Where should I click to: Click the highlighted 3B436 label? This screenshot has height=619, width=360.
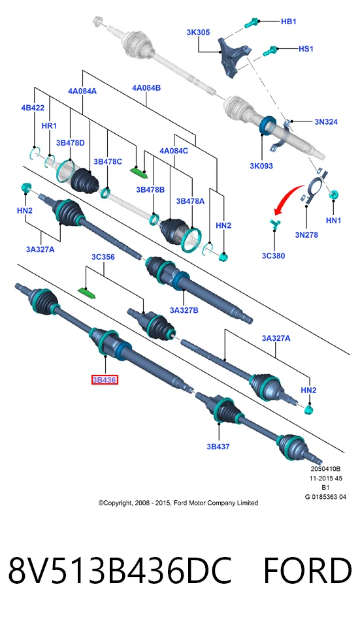[x=105, y=380]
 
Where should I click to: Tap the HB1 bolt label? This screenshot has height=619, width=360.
[x=289, y=22]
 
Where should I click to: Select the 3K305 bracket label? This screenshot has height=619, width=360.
[x=198, y=33]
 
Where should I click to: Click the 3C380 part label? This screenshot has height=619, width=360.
[x=274, y=256]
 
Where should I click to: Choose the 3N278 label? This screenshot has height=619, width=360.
[x=306, y=235]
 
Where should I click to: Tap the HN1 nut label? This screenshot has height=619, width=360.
[x=333, y=220]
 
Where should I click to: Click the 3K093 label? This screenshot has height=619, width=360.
[x=261, y=166]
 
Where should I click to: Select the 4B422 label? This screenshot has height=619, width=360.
[x=33, y=108]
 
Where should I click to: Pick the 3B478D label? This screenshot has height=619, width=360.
[x=71, y=143]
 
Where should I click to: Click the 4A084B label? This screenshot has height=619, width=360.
[x=146, y=87]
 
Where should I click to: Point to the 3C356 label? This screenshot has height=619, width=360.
[x=103, y=257]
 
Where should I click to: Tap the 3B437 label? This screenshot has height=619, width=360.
[x=218, y=447]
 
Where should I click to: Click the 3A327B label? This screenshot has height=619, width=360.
[x=184, y=310]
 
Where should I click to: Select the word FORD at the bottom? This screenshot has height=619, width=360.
[x=308, y=571]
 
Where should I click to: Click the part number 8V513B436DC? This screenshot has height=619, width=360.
[x=120, y=571]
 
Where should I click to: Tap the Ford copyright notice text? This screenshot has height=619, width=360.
[x=178, y=503]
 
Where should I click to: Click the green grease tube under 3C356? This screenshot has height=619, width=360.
[x=86, y=293]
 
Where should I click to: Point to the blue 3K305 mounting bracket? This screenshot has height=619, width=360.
[x=233, y=56]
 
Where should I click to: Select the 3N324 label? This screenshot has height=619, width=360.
[x=326, y=121]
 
